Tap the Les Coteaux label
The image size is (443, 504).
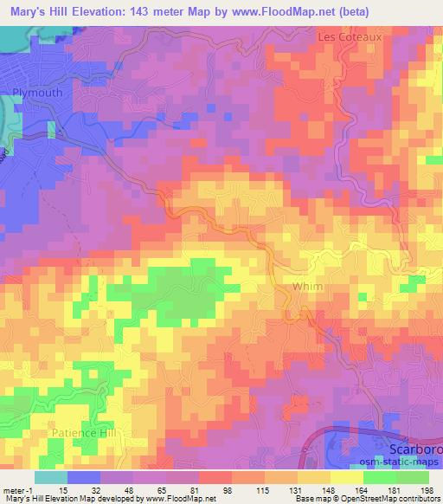pyautogui.click(x=350, y=38)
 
